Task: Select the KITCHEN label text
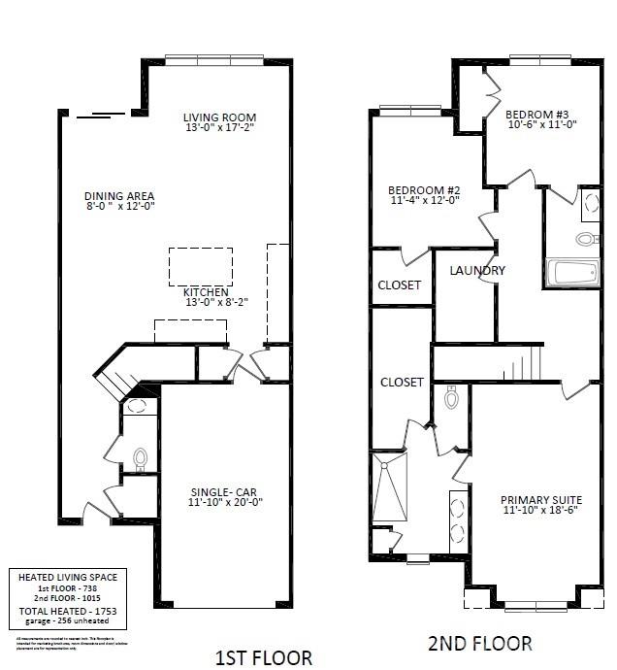point(207,291)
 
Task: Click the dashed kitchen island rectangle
point(201,265)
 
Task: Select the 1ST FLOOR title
point(264,657)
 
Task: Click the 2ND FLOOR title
point(479,643)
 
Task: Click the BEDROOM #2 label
point(424,189)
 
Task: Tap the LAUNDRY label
point(477,270)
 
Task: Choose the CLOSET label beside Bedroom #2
point(399,285)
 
